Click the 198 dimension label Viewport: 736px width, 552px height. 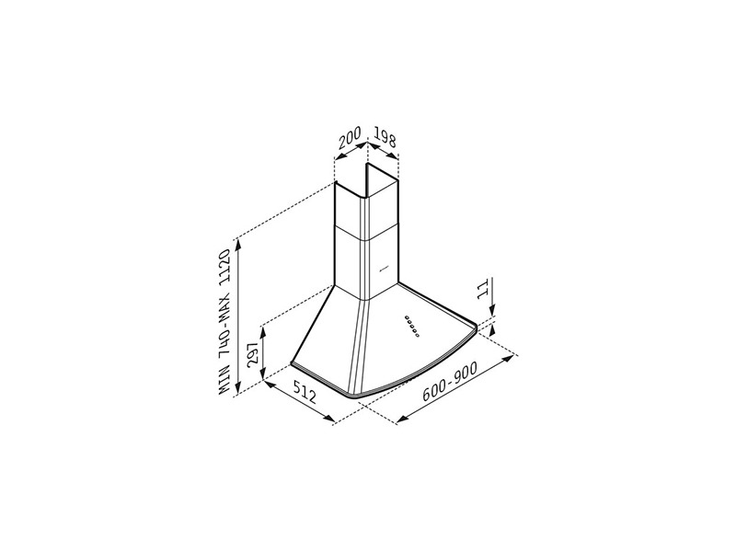tap(385, 135)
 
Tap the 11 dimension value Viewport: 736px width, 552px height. tap(482, 289)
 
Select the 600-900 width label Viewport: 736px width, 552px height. tap(449, 382)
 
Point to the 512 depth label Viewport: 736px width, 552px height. tap(305, 392)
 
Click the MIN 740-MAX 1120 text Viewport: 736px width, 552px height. tap(225, 322)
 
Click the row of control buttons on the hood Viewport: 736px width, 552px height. tap(411, 326)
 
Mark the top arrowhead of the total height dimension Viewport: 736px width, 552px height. tap(239, 244)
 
